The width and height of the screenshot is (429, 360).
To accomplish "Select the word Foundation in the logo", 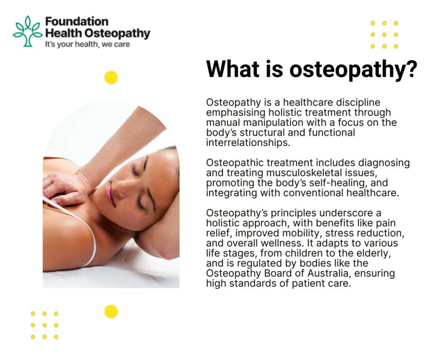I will pos(77,21).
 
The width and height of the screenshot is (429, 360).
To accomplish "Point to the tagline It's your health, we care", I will pos(87,44).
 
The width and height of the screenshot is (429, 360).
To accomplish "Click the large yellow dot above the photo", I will pos(111,78).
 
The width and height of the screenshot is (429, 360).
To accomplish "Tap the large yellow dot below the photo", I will pos(111,311).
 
